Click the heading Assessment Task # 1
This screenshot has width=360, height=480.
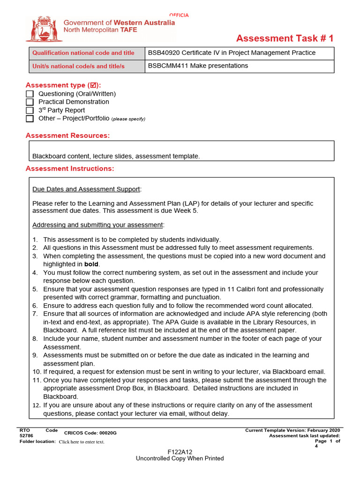click(x=285, y=38)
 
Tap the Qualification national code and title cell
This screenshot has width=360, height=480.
click(x=83, y=53)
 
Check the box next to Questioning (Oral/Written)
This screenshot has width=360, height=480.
click(x=30, y=94)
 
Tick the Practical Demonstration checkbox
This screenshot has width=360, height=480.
click(x=30, y=102)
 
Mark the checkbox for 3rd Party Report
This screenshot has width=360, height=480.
click(x=30, y=110)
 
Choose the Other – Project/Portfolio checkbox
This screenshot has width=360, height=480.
click(x=30, y=119)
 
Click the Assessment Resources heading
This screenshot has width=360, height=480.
click(x=67, y=135)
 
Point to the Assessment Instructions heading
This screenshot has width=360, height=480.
click(x=69, y=169)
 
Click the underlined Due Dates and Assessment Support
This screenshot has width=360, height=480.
click(x=86, y=189)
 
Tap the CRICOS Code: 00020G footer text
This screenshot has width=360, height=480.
click(x=90, y=433)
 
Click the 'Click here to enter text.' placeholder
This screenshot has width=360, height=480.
click(x=82, y=442)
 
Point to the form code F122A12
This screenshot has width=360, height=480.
click(x=180, y=452)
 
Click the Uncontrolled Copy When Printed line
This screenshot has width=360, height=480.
click(x=180, y=458)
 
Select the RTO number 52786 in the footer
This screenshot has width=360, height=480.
click(x=26, y=436)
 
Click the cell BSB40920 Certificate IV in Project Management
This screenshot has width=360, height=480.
click(x=232, y=53)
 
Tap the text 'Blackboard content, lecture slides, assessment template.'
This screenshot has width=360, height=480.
click(x=116, y=156)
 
